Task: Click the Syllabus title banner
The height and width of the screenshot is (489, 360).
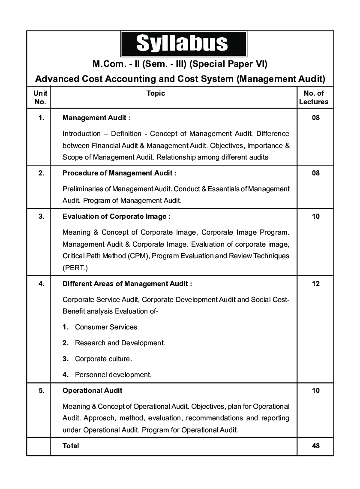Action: tap(183, 43)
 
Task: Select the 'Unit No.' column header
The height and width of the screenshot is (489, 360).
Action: tap(40, 97)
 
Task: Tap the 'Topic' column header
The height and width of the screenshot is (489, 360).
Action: tap(156, 93)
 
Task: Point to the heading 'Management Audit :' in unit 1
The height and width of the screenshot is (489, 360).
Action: tap(96, 118)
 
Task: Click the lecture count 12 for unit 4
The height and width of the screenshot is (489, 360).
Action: tap(315, 284)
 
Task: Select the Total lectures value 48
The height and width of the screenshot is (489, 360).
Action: tap(315, 446)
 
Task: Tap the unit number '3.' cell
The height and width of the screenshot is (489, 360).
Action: tap(41, 217)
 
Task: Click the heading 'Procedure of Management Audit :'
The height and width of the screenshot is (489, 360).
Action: tap(119, 173)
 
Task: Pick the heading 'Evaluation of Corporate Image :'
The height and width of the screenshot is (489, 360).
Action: tap(116, 217)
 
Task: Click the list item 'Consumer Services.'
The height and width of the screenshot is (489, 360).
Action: tap(107, 327)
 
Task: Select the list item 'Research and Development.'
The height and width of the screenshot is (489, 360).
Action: tap(120, 343)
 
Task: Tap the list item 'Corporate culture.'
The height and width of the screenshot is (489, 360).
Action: tap(103, 359)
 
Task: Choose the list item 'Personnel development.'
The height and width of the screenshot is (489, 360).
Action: tap(113, 374)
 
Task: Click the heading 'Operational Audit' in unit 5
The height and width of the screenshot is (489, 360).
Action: tap(92, 390)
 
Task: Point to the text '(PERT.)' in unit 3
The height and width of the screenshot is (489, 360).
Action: tap(75, 268)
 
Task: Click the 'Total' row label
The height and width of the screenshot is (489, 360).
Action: tap(71, 446)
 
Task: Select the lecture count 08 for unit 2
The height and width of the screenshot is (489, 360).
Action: tap(315, 173)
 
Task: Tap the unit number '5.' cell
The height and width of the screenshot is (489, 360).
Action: tap(41, 390)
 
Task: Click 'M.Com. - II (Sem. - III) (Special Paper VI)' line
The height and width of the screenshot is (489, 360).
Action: tap(180, 64)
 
